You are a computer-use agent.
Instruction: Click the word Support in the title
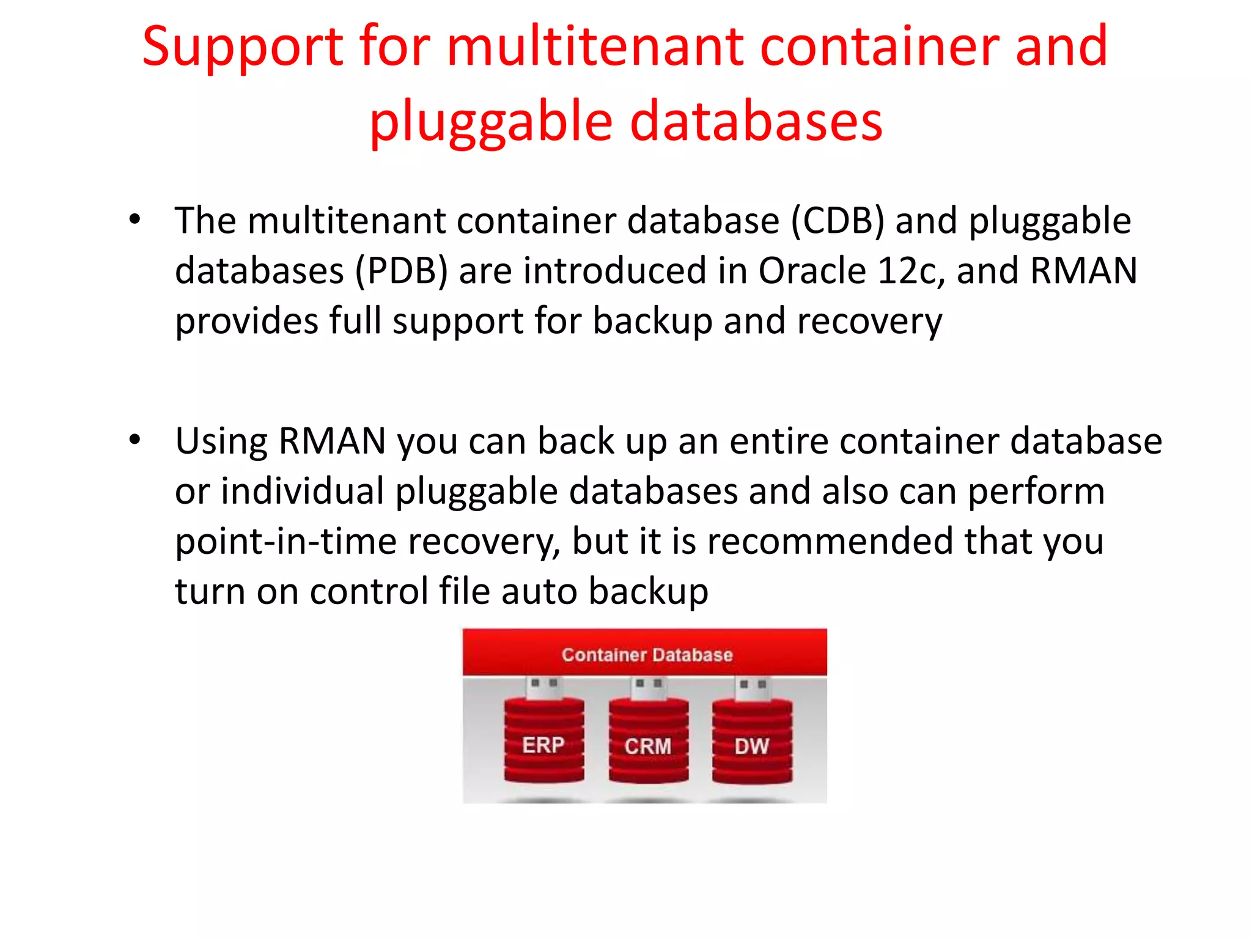[243, 48]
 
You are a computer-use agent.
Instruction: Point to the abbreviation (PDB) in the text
[402, 271]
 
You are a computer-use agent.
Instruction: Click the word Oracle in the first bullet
[812, 270]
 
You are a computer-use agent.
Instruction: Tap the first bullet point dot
[135, 219]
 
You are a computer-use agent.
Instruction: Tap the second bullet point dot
[135, 439]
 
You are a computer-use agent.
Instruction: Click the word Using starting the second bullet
[221, 441]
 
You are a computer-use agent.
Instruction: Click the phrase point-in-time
[286, 542]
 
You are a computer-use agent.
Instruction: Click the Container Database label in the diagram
[647, 655]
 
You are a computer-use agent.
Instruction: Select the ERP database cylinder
[543, 742]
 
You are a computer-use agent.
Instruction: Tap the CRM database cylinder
[648, 743]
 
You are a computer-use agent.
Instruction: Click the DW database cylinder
[752, 743]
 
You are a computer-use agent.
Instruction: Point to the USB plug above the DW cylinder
[753, 687]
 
